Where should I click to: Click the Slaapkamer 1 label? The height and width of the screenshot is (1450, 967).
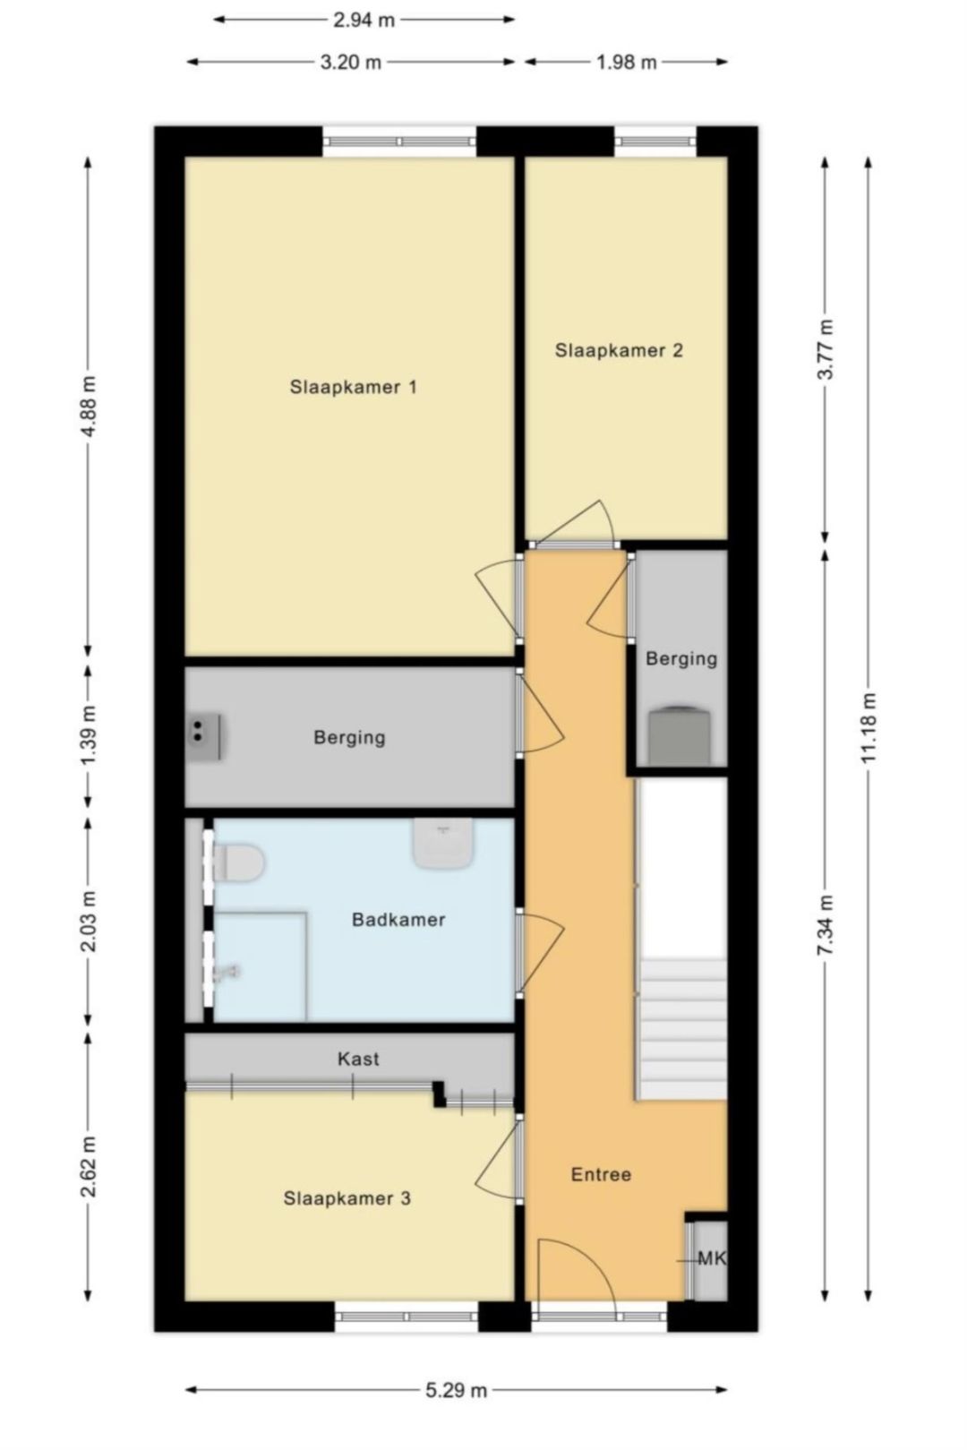(x=353, y=387)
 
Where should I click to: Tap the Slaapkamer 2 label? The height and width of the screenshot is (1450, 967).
(x=619, y=350)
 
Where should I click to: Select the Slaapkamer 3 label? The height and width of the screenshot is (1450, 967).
(x=347, y=1198)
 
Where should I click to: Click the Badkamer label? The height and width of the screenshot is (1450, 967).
(x=398, y=920)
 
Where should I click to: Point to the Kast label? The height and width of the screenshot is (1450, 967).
(x=358, y=1059)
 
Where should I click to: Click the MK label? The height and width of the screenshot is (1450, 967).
(x=712, y=1258)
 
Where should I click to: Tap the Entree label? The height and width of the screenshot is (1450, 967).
(x=601, y=1174)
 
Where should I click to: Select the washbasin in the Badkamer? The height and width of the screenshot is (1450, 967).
(x=442, y=843)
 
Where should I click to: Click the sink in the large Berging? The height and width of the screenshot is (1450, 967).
(x=204, y=735)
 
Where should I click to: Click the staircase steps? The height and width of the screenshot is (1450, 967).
(x=682, y=1030)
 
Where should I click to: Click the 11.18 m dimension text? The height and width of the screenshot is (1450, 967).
(x=868, y=727)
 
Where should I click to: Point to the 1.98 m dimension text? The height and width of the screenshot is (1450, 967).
(x=627, y=62)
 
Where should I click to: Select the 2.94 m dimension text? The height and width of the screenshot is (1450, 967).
(x=364, y=20)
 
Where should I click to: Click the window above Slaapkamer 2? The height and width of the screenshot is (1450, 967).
(x=655, y=141)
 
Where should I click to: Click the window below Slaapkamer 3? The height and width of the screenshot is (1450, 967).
(x=407, y=1316)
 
